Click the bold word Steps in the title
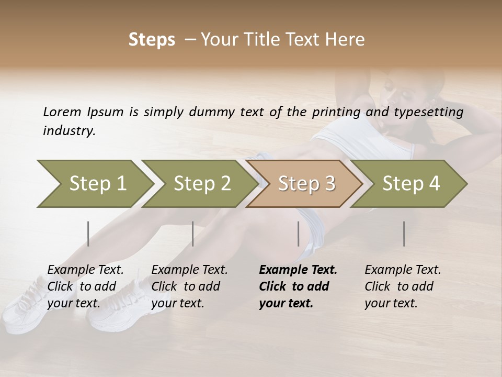tap(152, 40)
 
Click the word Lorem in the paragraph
tap(62, 112)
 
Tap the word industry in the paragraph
tap(69, 131)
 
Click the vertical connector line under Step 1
tap(88, 234)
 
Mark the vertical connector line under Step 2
tap(193, 234)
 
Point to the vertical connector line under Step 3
tap(299, 234)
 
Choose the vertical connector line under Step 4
tap(404, 234)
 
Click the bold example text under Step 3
tap(298, 286)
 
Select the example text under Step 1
tap(85, 286)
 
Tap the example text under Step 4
tap(402, 286)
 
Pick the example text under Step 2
tap(189, 286)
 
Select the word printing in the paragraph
tap(337, 112)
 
